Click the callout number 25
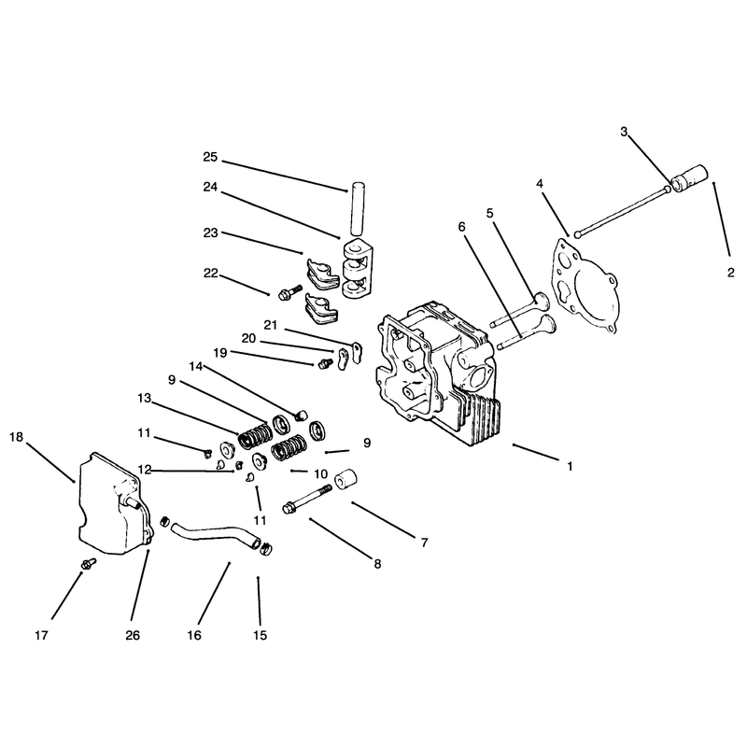[x=210, y=157]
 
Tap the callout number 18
[x=16, y=437]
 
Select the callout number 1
[x=570, y=466]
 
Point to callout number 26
[x=133, y=635]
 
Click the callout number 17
[x=41, y=635]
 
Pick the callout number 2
[x=731, y=273]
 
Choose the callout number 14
[x=196, y=366]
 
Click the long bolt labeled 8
[x=307, y=499]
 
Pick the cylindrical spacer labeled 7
[x=346, y=479]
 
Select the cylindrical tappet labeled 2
[x=690, y=177]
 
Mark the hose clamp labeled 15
[x=266, y=550]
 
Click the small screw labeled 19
[x=325, y=363]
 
